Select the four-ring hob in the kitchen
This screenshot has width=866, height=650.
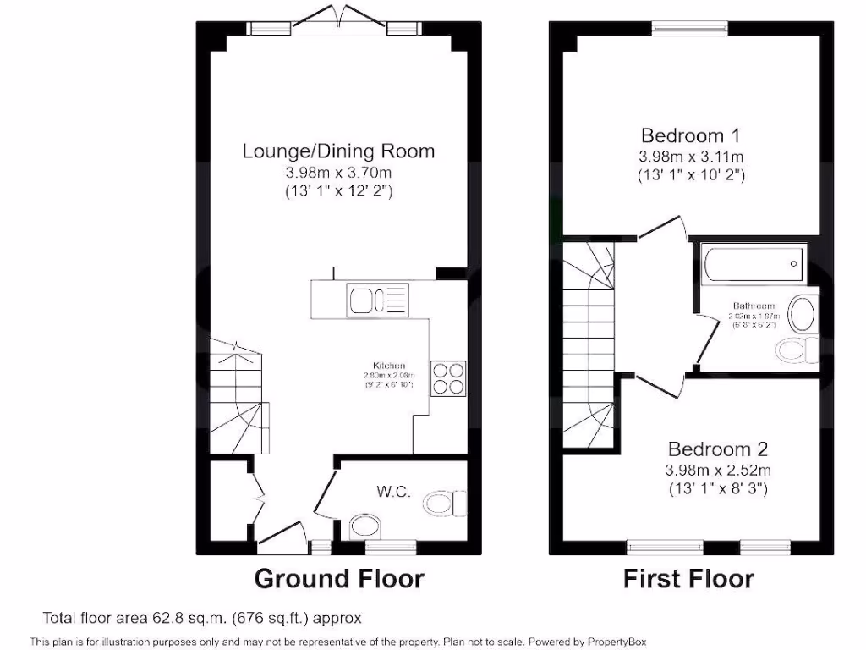click(x=448, y=377)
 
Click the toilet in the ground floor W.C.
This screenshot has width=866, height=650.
click(x=444, y=504)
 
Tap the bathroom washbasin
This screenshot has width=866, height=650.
click(x=803, y=314)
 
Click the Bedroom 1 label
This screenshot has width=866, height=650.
click(x=683, y=135)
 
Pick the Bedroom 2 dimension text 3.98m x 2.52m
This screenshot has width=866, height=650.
click(x=717, y=471)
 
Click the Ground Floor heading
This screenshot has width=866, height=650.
click(x=339, y=579)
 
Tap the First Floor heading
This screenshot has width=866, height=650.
click(x=688, y=579)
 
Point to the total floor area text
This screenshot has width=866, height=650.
click(x=202, y=619)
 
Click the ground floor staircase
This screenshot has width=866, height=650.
click(x=237, y=398)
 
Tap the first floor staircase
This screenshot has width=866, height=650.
click(x=589, y=347)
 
